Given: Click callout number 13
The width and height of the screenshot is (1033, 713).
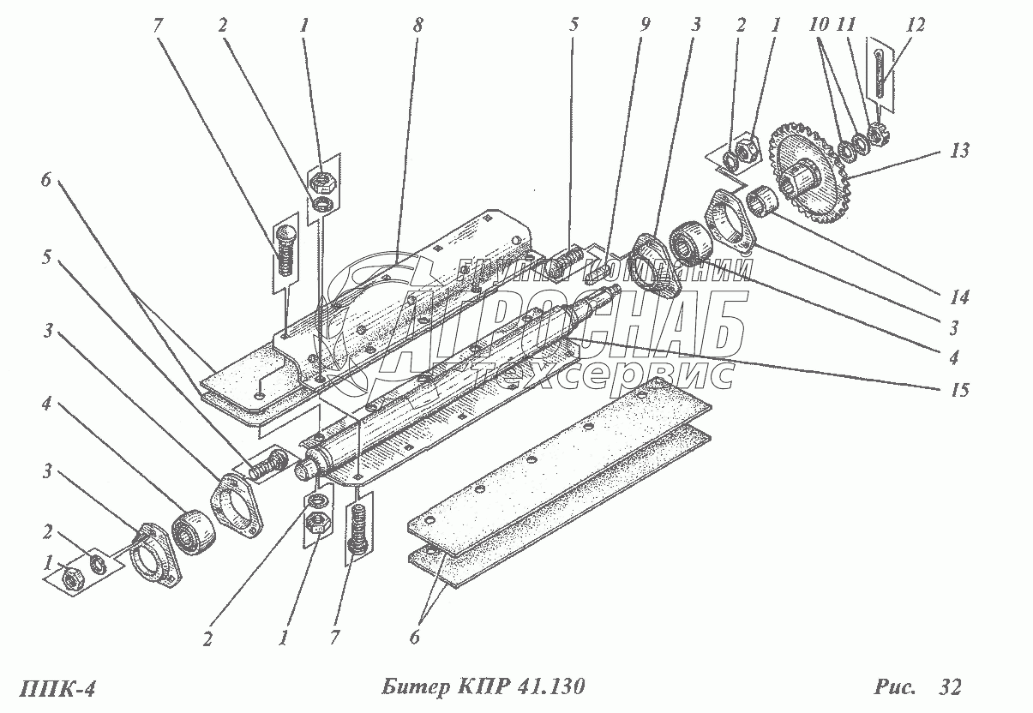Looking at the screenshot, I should click(960, 152).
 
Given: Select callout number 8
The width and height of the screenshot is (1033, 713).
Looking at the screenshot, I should click(417, 26).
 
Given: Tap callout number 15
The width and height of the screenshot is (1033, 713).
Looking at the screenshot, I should click(960, 390).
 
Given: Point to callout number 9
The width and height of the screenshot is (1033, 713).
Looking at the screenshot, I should click(645, 26).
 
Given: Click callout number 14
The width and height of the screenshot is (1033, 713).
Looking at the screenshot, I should click(958, 298).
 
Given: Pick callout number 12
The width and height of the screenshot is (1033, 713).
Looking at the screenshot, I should click(915, 26).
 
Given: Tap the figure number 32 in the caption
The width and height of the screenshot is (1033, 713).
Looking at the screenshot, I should click(949, 687).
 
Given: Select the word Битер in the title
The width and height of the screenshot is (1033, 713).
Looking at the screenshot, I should click(411, 687).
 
